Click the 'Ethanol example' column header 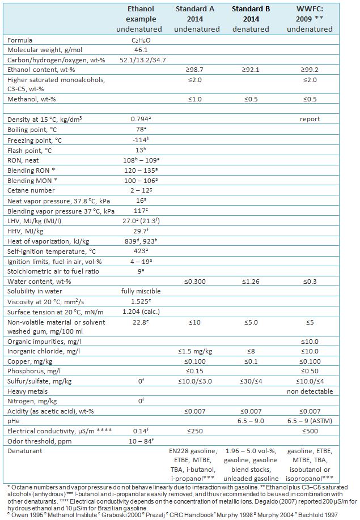coord(139,19)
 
